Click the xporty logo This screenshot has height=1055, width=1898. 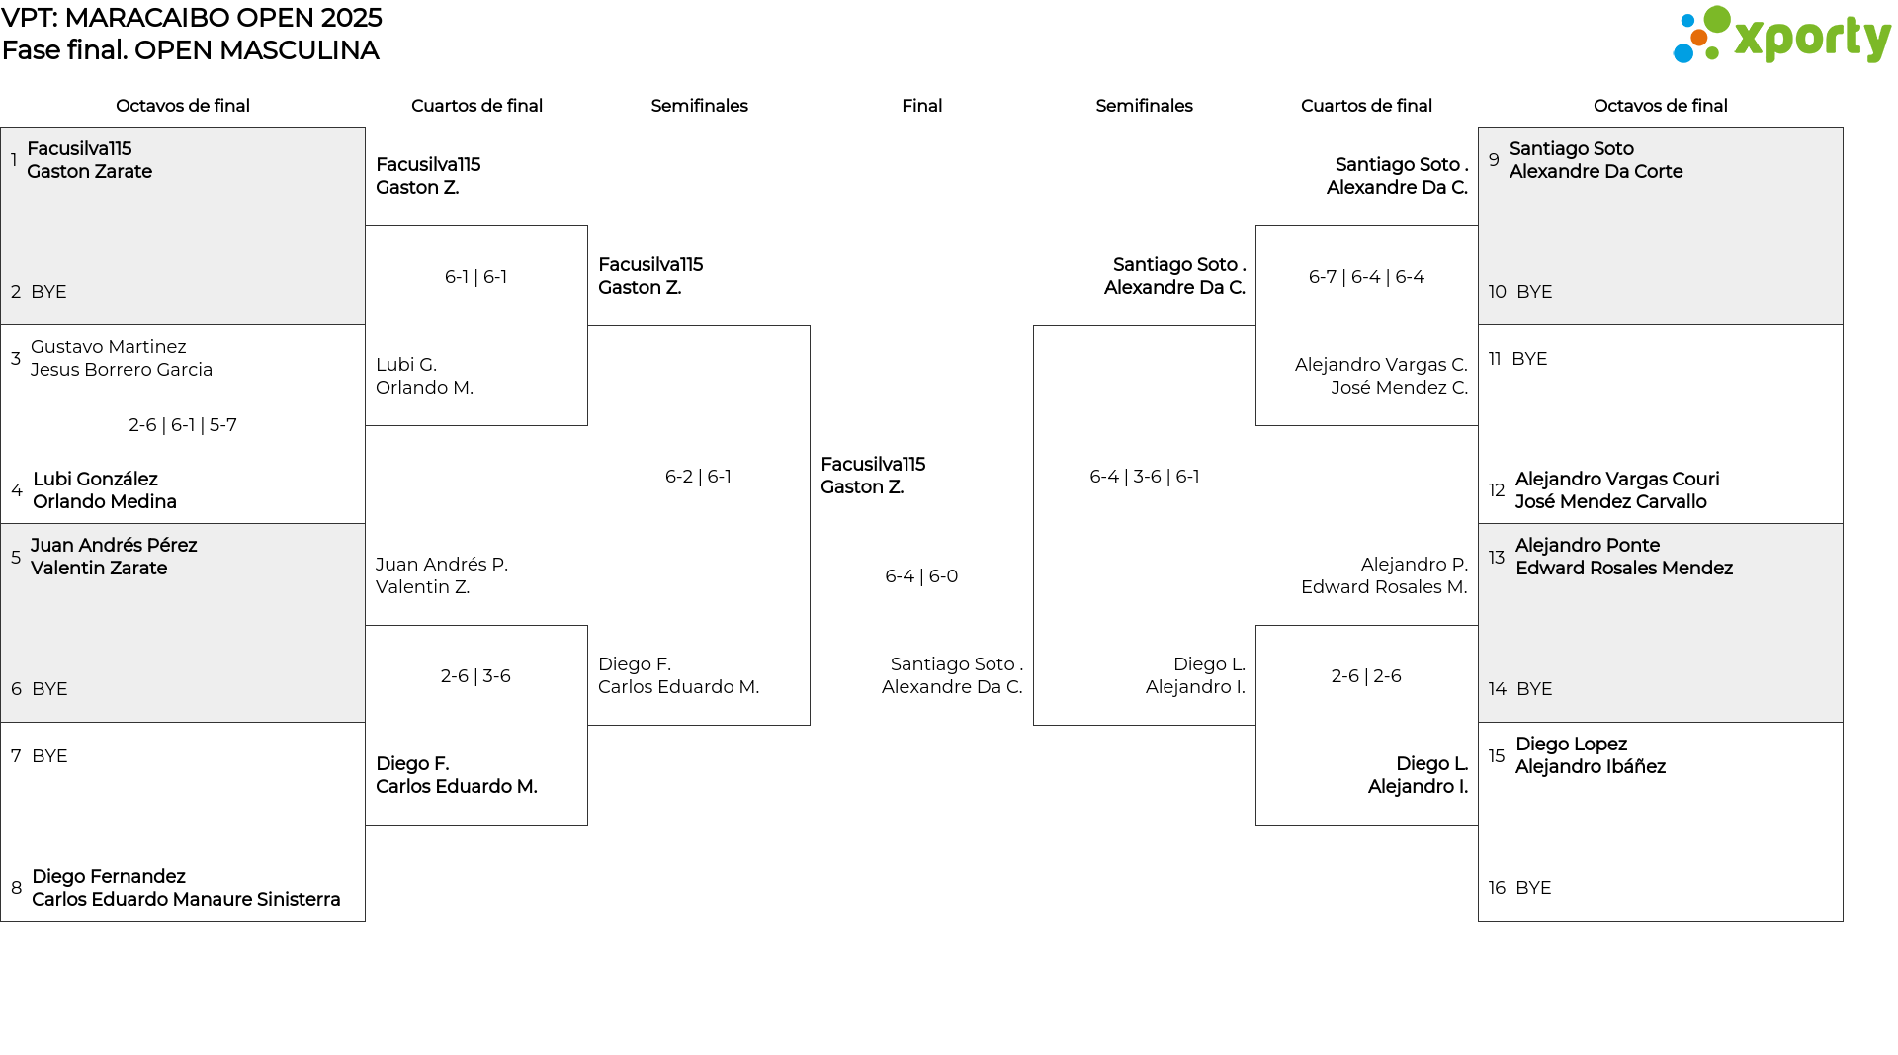(x=1781, y=35)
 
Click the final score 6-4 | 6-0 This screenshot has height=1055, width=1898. (x=921, y=576)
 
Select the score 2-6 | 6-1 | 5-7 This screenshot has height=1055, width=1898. (x=183, y=425)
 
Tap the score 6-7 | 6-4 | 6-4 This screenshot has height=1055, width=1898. (x=1366, y=277)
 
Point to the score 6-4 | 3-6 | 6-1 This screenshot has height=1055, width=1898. (x=1144, y=477)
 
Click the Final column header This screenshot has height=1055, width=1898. (x=921, y=106)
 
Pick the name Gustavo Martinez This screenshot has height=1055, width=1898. (x=109, y=347)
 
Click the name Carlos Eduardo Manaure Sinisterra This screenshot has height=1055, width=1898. (x=186, y=900)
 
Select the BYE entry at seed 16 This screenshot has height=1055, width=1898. (x=1533, y=888)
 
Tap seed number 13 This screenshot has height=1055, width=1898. (x=1497, y=558)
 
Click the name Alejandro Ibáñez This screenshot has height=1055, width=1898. (x=1591, y=767)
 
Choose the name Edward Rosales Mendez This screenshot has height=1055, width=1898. (x=1624, y=569)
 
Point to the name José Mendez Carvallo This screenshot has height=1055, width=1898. (x=1611, y=502)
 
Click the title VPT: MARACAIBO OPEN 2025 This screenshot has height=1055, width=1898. (x=192, y=18)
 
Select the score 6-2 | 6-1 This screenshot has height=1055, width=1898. (x=698, y=477)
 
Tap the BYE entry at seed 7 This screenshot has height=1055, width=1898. (x=49, y=756)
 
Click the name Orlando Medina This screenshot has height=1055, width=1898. (x=105, y=502)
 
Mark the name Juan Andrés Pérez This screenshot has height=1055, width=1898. (x=114, y=546)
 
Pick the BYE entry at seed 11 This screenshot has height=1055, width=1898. (x=1529, y=359)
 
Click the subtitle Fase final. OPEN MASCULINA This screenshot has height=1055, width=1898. (x=191, y=50)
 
